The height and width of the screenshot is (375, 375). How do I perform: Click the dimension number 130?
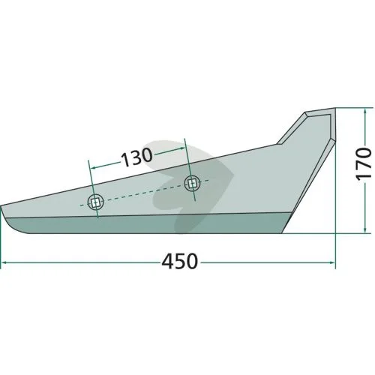tap(136, 157)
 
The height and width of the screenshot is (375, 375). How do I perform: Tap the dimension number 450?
tap(180, 261)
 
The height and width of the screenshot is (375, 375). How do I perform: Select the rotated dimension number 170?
tap(363, 163)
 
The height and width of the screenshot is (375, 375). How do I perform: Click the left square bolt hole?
tap(95, 202)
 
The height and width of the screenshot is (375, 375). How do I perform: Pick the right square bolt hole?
tap(192, 184)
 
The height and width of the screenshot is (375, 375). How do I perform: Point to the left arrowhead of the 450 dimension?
tap(4, 262)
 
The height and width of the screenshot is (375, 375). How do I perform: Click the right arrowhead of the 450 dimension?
tap(332, 262)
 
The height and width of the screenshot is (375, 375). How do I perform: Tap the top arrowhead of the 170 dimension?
tap(365, 111)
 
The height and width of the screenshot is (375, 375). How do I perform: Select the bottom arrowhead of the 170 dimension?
tap(365, 230)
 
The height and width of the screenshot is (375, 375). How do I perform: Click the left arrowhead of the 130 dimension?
tap(92, 168)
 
